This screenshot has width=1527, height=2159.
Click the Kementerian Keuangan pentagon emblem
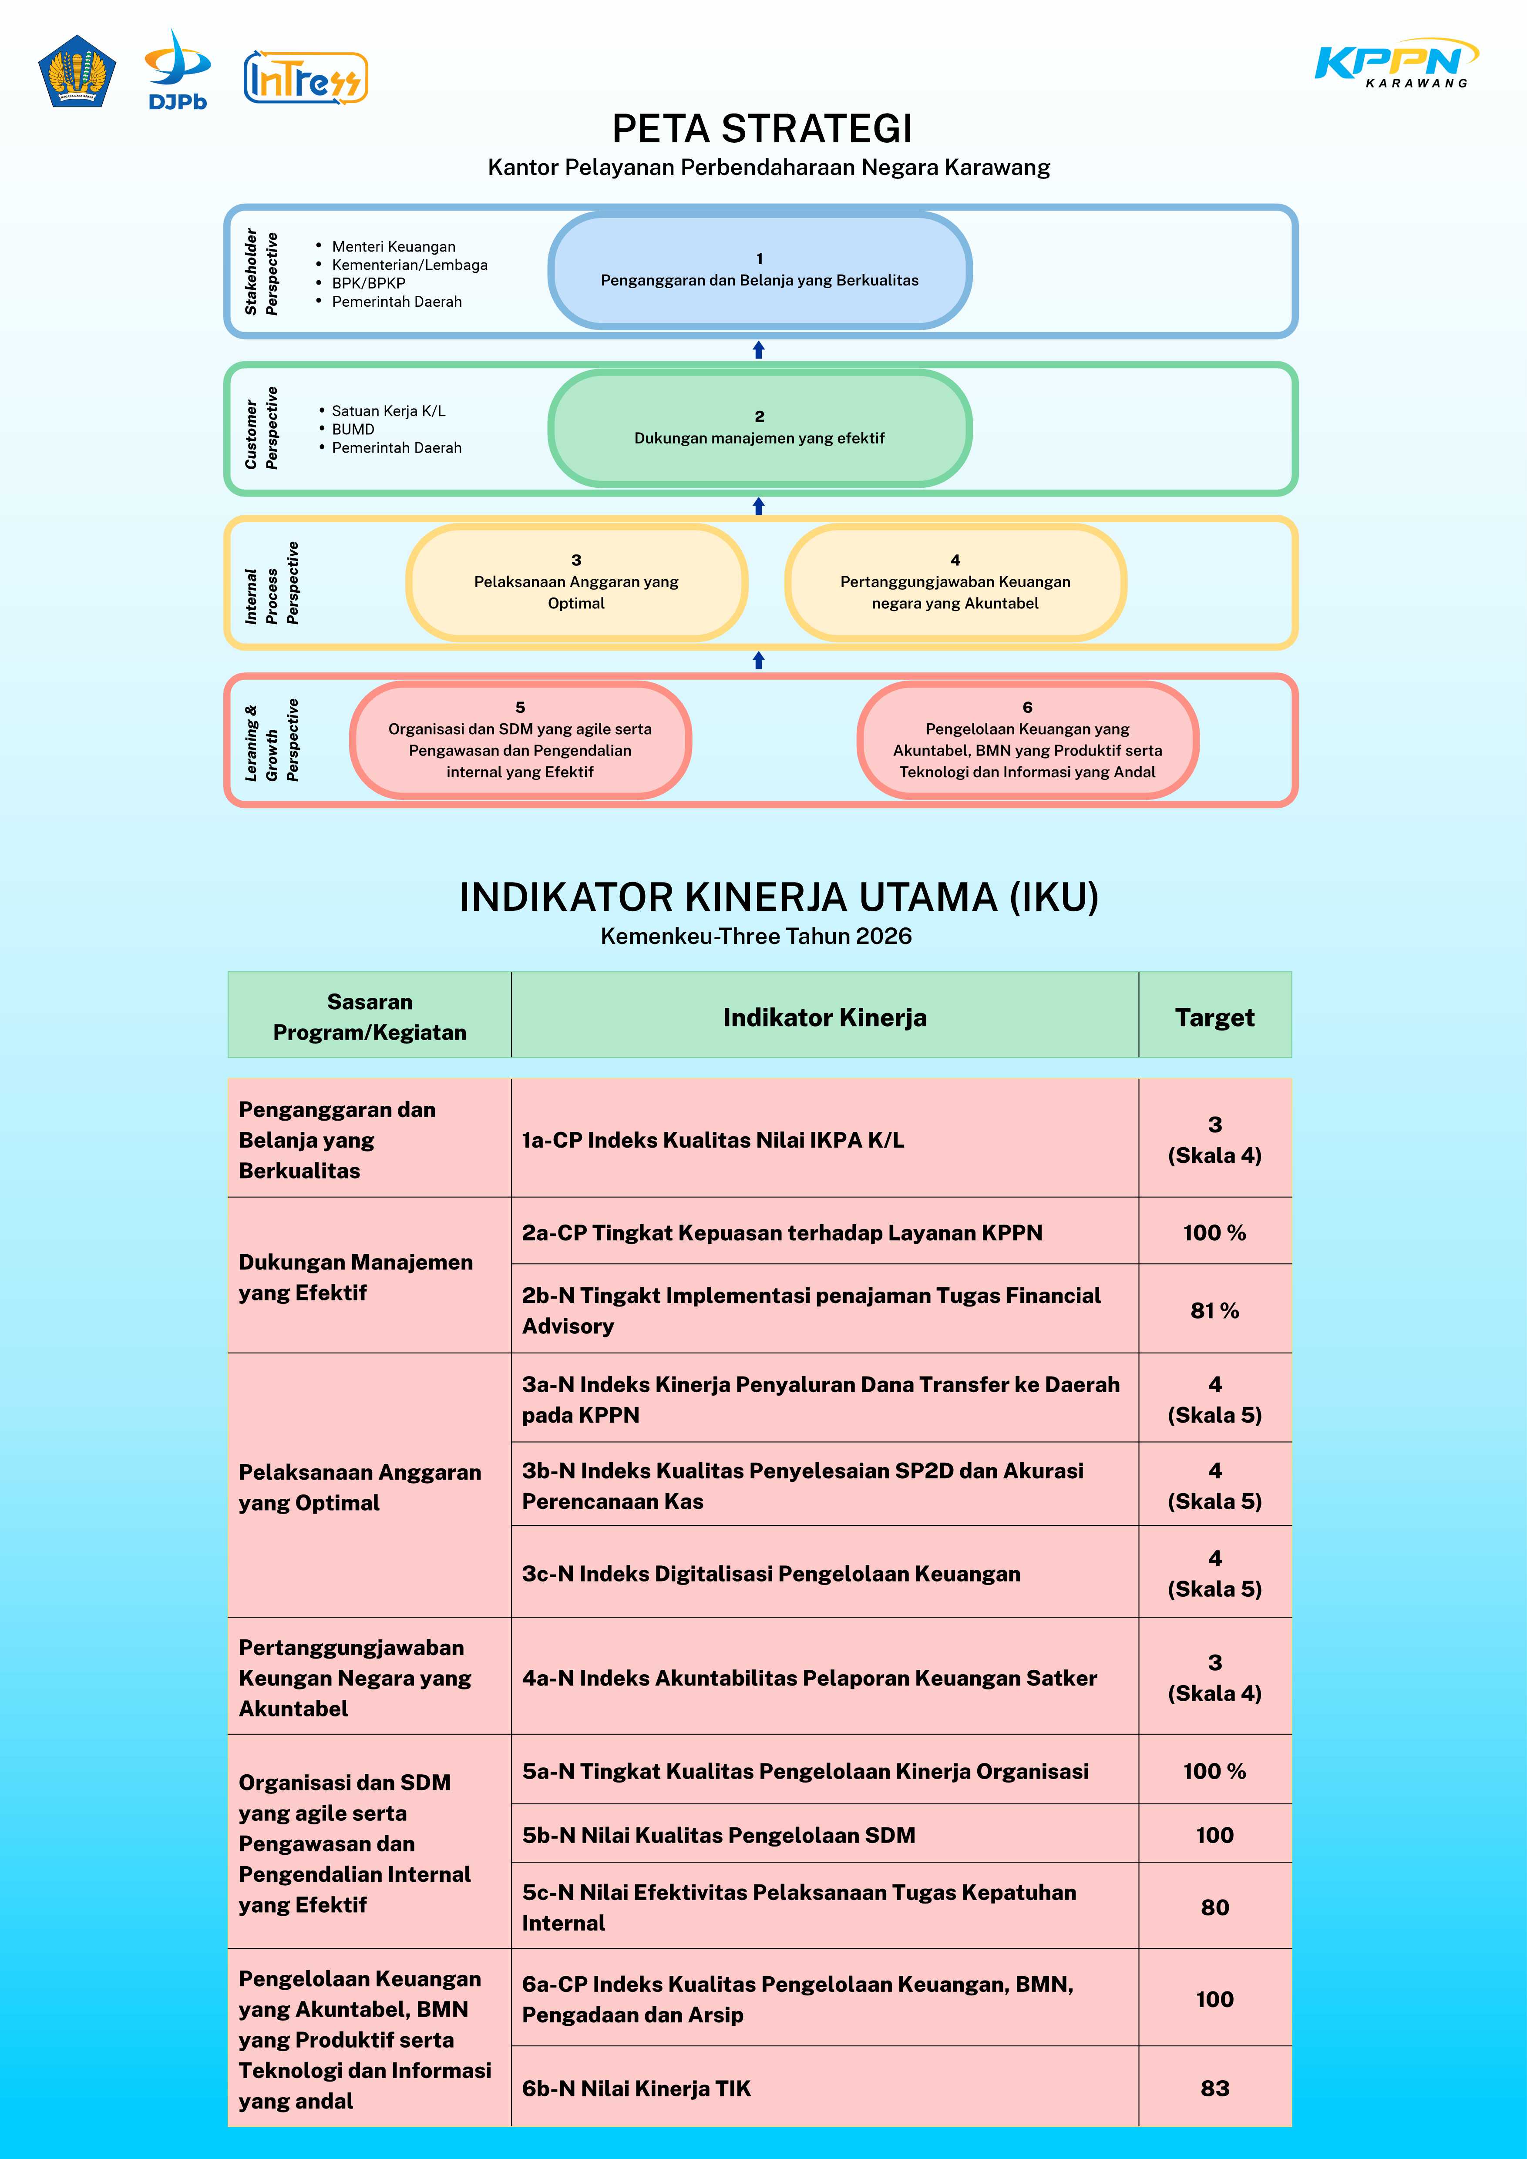[x=77, y=71]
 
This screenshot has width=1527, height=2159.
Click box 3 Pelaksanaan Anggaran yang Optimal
[x=576, y=582]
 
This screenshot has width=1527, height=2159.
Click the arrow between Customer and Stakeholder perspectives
[x=759, y=350]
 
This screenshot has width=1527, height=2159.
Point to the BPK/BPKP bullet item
[x=369, y=283]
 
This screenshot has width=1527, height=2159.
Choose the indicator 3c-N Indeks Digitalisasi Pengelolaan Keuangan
[x=771, y=1574]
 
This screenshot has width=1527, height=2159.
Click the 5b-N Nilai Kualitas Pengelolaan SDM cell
[x=718, y=1836]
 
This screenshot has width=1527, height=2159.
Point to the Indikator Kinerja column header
[x=824, y=1017]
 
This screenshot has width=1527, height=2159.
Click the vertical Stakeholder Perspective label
[x=260, y=272]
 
